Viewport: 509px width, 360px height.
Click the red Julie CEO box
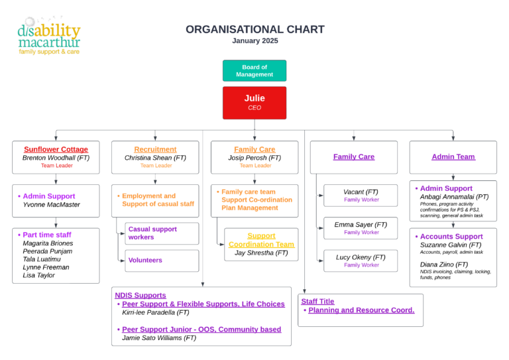coord(254,103)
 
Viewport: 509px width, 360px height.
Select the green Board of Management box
coord(254,70)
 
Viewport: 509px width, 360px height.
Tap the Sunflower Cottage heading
coord(56,149)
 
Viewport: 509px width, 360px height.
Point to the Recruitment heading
coord(155,149)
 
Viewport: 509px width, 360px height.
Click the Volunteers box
coord(162,261)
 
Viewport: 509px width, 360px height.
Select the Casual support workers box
coord(162,233)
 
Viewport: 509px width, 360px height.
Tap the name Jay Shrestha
coord(254,253)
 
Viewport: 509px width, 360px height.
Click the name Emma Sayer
coord(353,225)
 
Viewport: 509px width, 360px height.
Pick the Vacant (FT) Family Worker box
coord(361,196)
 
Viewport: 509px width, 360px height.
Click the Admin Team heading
coord(453,156)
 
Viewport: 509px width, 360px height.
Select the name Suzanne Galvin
coord(444,245)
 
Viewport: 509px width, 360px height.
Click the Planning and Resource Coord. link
coord(361,310)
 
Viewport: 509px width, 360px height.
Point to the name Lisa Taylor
coord(38,275)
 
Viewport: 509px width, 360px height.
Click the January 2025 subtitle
coord(255,40)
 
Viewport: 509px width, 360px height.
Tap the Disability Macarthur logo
coord(48,36)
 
